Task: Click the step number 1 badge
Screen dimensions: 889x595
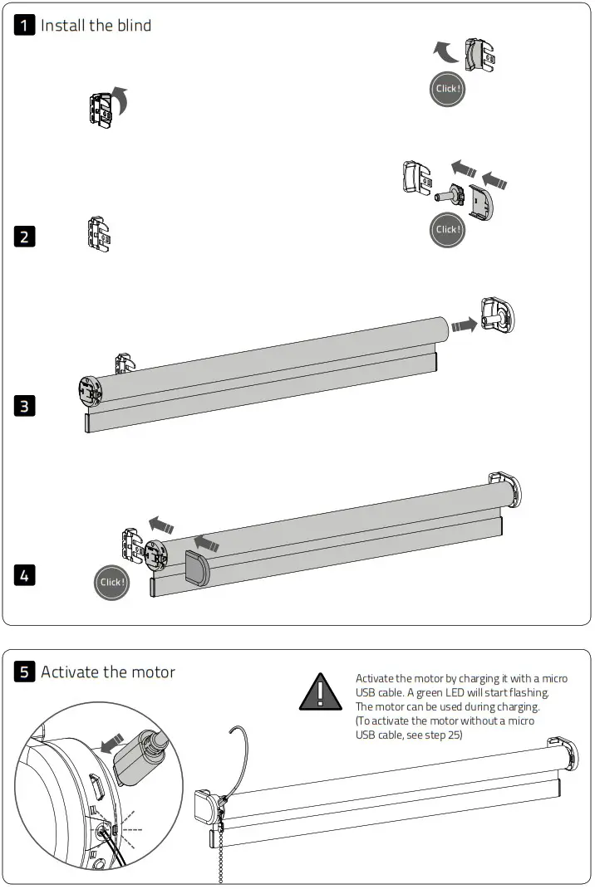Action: pos(26,25)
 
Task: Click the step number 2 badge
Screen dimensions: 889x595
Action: pos(26,237)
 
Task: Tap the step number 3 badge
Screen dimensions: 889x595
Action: pos(26,406)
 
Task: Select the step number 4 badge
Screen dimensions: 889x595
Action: pos(26,574)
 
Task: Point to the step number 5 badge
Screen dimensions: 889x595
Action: pos(26,672)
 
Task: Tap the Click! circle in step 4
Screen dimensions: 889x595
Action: pos(111,582)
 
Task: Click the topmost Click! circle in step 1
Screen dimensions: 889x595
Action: pos(447,89)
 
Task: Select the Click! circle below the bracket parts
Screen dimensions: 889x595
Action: pos(447,230)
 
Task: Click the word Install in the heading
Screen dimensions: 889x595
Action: pos(62,26)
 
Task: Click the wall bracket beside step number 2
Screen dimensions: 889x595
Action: pos(100,234)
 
